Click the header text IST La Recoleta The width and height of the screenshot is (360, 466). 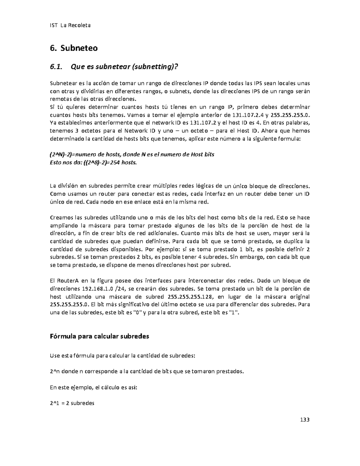(70, 25)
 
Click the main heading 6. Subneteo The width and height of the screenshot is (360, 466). (73, 48)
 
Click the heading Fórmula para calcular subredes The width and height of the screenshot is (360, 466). (99, 336)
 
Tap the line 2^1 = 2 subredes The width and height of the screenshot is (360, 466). (72, 403)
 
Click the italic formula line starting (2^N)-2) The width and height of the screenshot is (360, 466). (132, 155)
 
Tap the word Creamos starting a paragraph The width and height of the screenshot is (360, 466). (61, 218)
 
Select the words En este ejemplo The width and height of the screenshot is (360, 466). (68, 387)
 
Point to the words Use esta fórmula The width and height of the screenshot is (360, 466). (72, 356)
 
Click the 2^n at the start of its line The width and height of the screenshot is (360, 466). (55, 371)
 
